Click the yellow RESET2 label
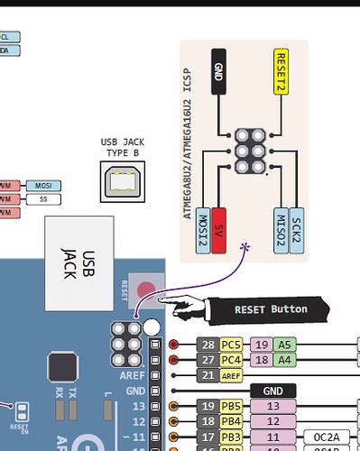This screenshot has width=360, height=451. click(281, 71)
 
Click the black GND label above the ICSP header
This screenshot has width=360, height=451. click(217, 71)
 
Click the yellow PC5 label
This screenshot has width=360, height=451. click(231, 345)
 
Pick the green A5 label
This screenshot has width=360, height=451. click(285, 345)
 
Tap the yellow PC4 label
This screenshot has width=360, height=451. click(231, 360)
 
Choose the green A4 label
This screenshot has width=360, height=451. click(285, 360)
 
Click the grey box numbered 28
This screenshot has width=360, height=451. click(208, 345)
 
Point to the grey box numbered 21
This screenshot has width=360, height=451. click(208, 375)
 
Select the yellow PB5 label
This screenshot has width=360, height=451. click(231, 407)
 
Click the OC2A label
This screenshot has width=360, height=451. click(326, 437)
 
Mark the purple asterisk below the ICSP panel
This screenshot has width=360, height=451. click(245, 245)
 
